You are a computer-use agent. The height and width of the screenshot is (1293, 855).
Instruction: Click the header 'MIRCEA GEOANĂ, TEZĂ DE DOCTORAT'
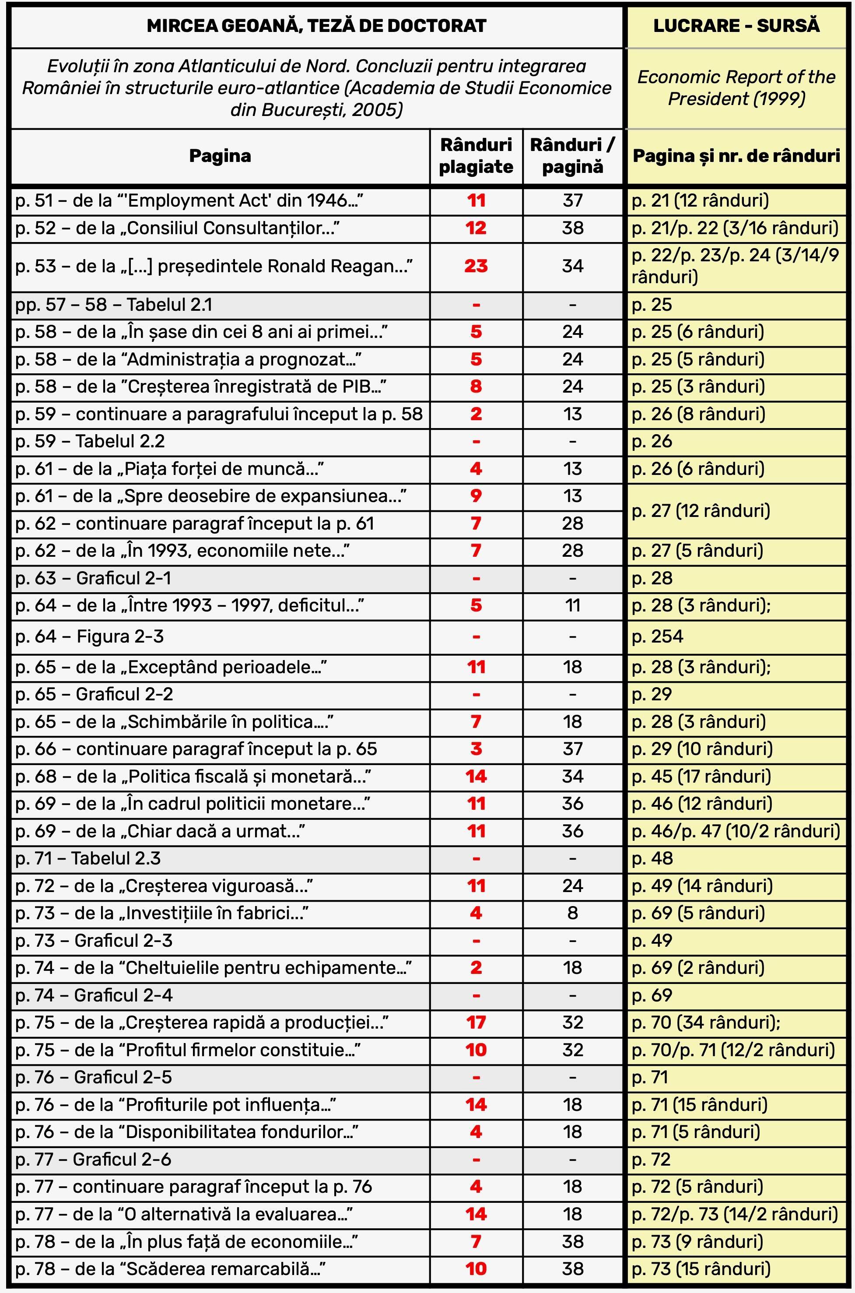pos(316,26)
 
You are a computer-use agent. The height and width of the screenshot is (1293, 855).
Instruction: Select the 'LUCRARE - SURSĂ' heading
pos(736,26)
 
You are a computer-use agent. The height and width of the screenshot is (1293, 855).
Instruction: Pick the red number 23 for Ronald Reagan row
pos(476,266)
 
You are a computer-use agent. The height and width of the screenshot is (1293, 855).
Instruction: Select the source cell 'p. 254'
pos(658,636)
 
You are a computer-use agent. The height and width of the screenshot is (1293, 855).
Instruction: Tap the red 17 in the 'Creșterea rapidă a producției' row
pos(476,1022)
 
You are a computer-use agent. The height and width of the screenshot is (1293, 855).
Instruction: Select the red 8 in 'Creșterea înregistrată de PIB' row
pos(476,386)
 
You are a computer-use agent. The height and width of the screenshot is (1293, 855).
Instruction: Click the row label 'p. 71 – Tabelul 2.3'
pos(88,858)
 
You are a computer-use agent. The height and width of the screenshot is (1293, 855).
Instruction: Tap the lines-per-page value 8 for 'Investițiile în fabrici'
pos(572,913)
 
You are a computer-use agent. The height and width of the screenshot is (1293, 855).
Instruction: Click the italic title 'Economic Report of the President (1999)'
pos(736,88)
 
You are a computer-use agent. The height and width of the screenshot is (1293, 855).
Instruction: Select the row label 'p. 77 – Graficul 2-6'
pos(93,1159)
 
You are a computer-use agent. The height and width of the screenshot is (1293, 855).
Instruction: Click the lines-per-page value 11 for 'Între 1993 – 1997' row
pos(572,605)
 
